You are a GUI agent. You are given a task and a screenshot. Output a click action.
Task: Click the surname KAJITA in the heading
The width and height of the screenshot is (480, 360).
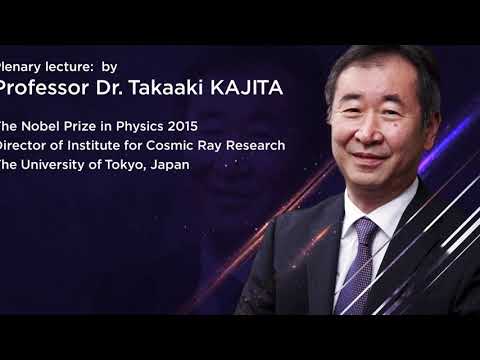(245, 88)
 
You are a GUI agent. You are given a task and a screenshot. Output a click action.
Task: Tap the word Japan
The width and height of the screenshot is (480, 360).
(166, 164)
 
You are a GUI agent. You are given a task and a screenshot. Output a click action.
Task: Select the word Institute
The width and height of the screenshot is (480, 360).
(104, 145)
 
